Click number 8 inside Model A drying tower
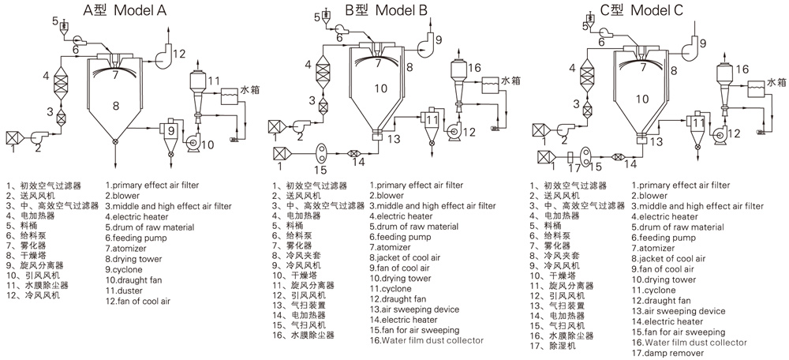click(116, 105)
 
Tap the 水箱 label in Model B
click(510, 81)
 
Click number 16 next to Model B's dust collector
click(474, 69)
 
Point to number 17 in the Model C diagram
click(574, 167)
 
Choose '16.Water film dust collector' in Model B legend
click(425, 340)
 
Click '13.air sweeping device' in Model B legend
click(414, 309)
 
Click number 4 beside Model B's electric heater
click(309, 66)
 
